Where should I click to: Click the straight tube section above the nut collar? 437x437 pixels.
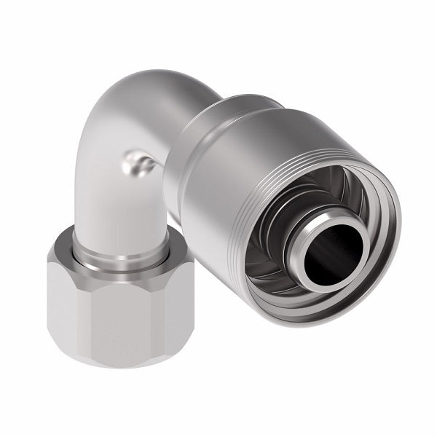pyautogui.click(x=117, y=211)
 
